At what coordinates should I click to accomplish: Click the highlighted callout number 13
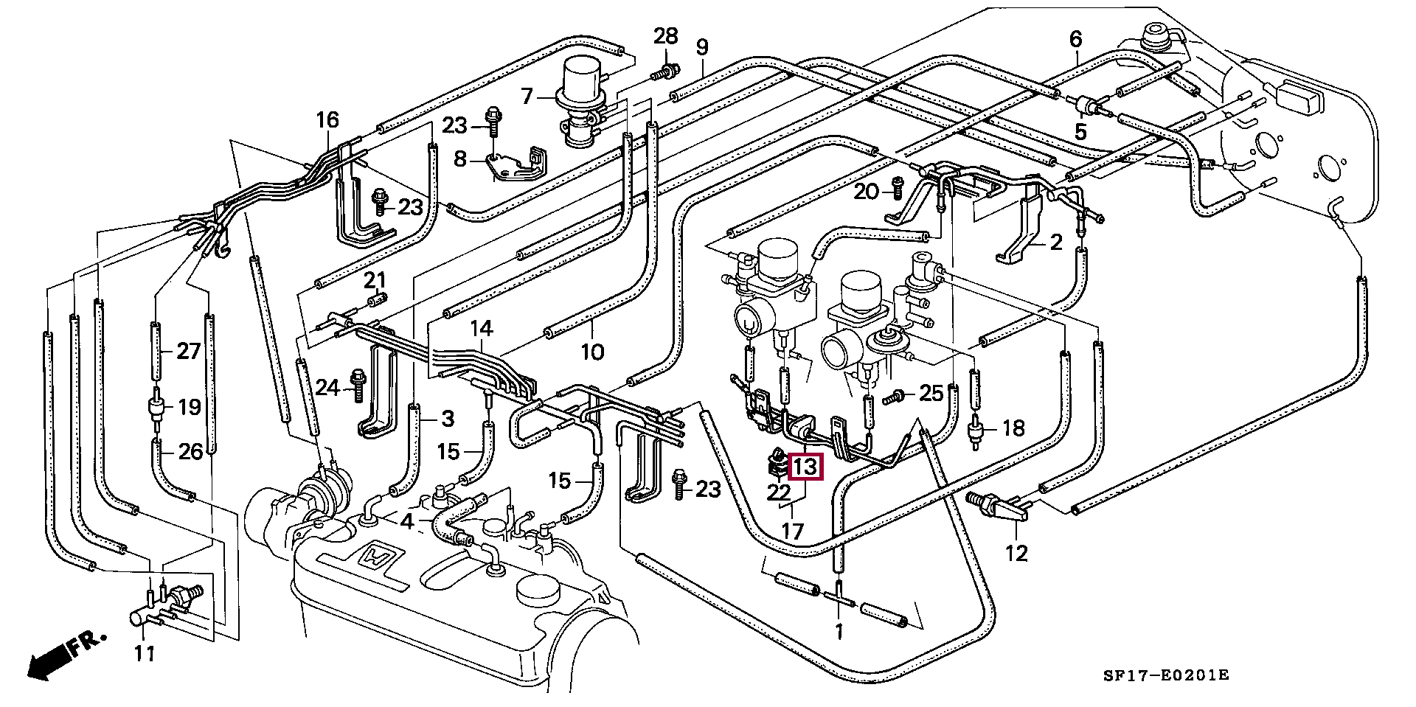tap(805, 467)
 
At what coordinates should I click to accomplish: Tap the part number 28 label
tap(665, 35)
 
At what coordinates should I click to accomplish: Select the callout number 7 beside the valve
tap(527, 97)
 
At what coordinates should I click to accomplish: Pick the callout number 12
tap(1016, 553)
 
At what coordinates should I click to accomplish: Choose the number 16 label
tap(327, 119)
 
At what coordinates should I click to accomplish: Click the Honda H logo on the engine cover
tap(381, 558)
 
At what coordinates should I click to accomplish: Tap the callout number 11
tap(145, 653)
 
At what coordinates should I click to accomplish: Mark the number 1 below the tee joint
tap(839, 632)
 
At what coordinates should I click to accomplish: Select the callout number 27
tap(189, 351)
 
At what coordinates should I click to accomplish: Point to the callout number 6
tap(1075, 38)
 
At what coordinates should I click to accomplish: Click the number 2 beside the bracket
tap(1056, 242)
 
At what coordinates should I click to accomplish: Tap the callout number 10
tap(592, 352)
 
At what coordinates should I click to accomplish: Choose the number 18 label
tap(1014, 428)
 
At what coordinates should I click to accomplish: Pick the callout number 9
tap(701, 48)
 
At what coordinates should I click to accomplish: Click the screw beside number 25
tap(895, 397)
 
